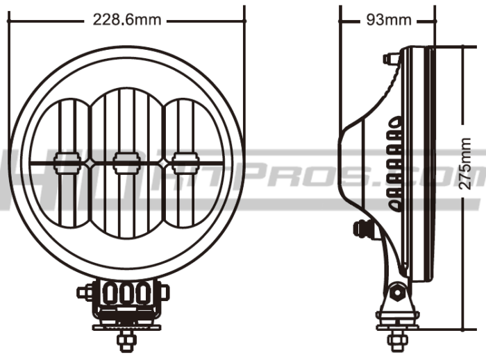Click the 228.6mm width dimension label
pos(127,19)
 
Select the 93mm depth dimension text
pos(388,19)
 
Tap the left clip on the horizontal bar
pos(67,162)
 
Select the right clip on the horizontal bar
pos(185,162)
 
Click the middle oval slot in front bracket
pos(126,293)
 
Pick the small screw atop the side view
pos(388,58)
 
